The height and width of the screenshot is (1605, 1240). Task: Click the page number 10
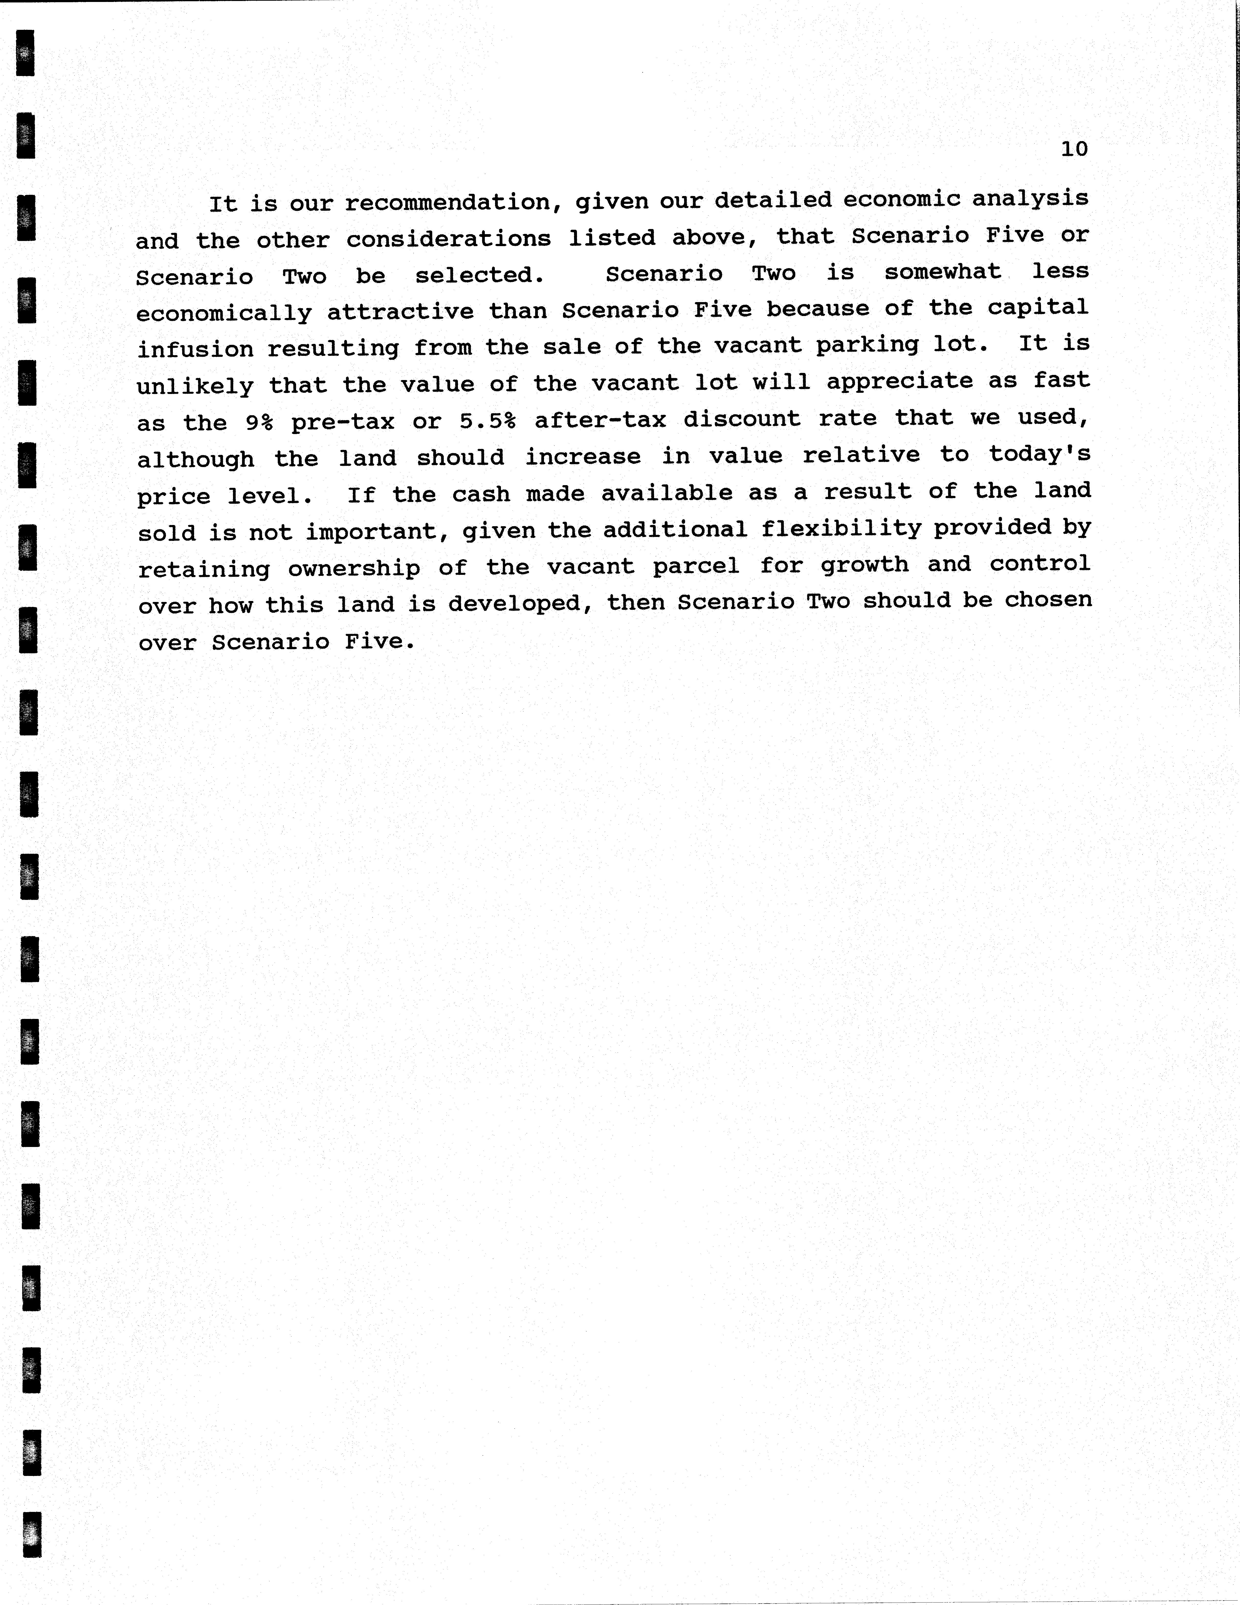(x=1074, y=149)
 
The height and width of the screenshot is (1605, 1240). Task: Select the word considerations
(x=448, y=239)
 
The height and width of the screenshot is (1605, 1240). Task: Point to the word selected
(x=479, y=275)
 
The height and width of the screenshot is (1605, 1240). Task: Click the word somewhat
(x=942, y=272)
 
